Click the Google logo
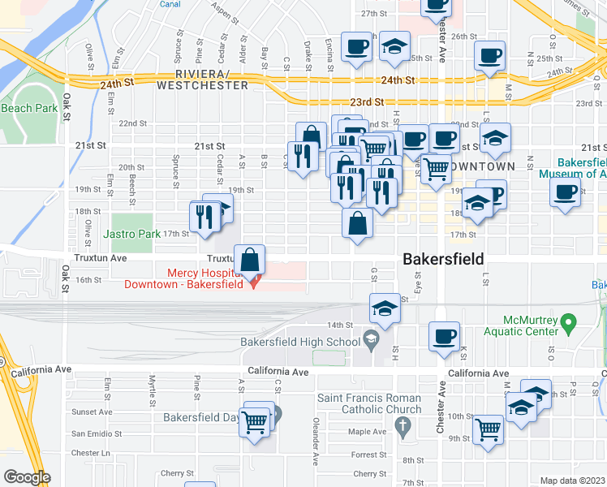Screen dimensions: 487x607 [x=27, y=477]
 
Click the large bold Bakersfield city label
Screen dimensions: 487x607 [x=443, y=259]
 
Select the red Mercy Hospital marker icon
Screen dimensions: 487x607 [x=255, y=282]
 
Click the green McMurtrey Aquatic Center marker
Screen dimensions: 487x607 [x=568, y=323]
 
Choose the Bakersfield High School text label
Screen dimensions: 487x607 [x=300, y=342]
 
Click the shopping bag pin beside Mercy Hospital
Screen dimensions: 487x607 [x=251, y=260]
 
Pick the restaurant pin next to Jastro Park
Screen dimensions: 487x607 [x=204, y=215]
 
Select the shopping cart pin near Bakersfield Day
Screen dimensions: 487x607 [x=255, y=421]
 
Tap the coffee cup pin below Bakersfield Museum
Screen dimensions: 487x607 [x=565, y=193]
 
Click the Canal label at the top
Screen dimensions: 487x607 [x=170, y=4]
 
